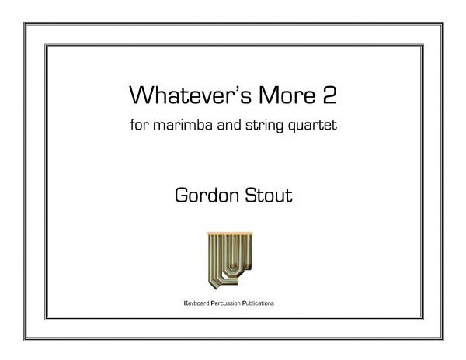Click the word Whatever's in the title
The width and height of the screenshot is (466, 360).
pos(190,95)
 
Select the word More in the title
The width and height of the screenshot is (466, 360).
pos(287,95)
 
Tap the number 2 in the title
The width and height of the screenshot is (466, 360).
pos(329,95)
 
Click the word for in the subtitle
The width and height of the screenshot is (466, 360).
pos(139,124)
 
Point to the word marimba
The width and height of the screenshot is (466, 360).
pos(183,124)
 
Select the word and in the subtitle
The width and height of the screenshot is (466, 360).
pos(229,124)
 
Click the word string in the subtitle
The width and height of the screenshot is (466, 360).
pos(265,126)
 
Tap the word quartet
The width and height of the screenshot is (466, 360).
pos(313,126)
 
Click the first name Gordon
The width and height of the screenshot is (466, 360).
pos(207,195)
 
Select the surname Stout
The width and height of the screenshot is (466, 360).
pos(269,195)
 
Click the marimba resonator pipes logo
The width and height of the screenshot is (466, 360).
pos(230,260)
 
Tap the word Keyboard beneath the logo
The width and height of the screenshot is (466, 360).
pos(196,303)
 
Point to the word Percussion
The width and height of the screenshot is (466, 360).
pos(225,303)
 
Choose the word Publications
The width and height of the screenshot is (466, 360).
pos(259,303)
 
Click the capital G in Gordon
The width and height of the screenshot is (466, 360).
pos(182,195)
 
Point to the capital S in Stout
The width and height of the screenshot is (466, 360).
pos(251,195)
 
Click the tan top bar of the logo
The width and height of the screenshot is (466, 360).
pos(230,234)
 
